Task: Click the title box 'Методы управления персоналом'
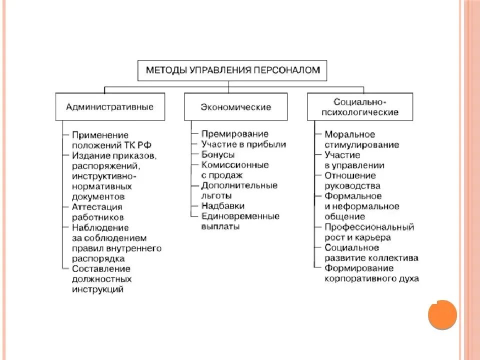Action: tap(232, 70)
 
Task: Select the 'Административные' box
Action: tap(110, 106)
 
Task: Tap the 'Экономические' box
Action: tap(236, 106)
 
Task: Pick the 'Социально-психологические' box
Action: tap(360, 106)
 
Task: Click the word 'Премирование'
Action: tap(235, 134)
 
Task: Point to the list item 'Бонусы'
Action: tap(218, 154)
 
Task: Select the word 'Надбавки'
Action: tap(223, 205)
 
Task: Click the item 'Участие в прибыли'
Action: tap(243, 144)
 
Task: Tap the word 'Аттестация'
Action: tap(97, 207)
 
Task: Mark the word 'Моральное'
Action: tap(350, 134)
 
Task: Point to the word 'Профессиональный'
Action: tap(369, 227)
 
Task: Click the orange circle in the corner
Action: tap(442, 314)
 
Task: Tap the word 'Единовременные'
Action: tap(240, 216)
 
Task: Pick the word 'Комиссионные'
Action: tap(235, 164)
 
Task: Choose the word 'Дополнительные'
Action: tap(239, 185)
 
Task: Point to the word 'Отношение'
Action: tap(350, 175)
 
